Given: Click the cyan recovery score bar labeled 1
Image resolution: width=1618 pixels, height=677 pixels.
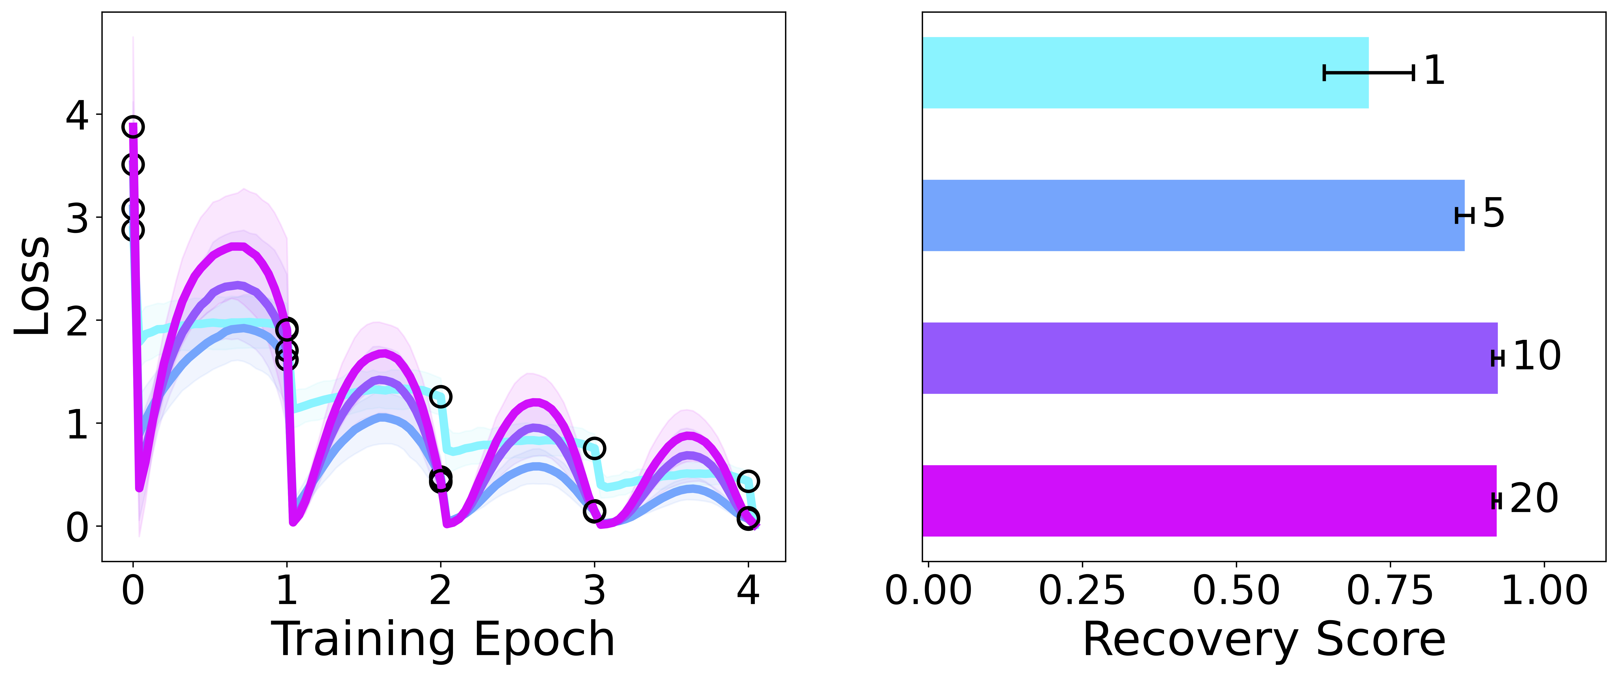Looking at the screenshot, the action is click(1146, 73).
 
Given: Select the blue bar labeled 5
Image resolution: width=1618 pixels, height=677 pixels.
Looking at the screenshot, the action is click(1193, 215).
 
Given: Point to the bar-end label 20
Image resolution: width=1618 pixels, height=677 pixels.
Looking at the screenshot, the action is click(1534, 499).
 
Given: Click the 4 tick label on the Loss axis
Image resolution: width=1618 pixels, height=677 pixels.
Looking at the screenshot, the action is click(77, 116).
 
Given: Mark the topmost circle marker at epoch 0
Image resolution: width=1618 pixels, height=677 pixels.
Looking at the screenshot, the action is click(133, 127).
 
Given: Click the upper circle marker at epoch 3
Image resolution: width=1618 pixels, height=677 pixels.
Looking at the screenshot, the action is click(594, 448).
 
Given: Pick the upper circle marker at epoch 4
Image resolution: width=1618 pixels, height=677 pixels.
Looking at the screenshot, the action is click(748, 481).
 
